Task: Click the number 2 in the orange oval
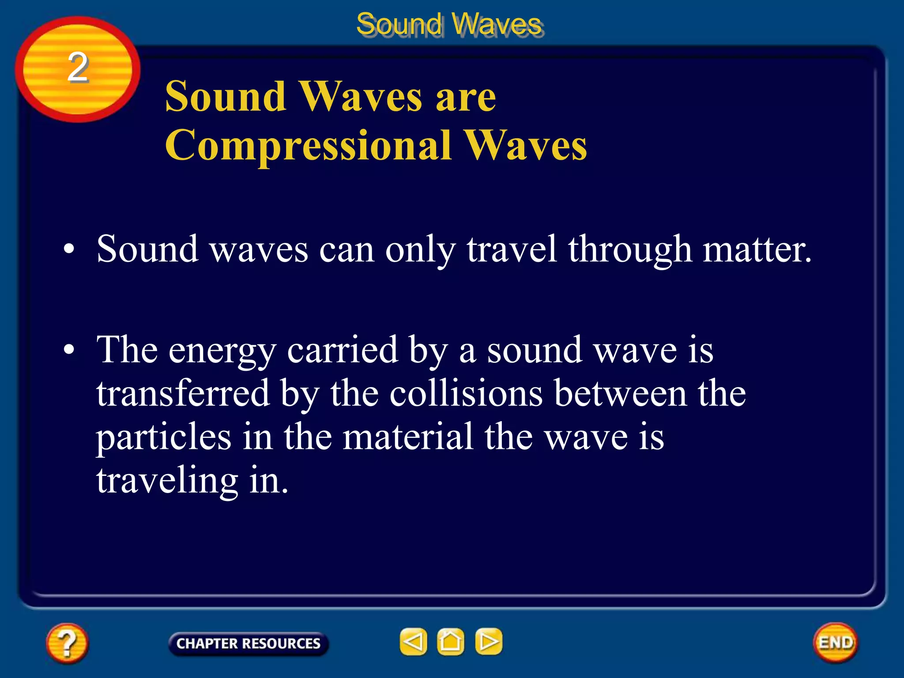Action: tap(78, 67)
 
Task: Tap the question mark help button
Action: tap(67, 643)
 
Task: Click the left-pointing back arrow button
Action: tap(413, 641)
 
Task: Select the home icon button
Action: tap(451, 641)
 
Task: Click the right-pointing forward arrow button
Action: tap(489, 641)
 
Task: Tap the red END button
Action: tap(836, 642)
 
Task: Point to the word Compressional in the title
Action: tap(308, 146)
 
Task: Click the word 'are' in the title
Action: tap(466, 97)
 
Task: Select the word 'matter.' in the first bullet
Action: tap(757, 250)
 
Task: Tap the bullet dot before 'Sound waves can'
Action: tap(69, 249)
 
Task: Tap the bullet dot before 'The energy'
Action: tap(69, 350)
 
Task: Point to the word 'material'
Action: tap(408, 437)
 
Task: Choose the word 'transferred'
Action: tap(183, 393)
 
